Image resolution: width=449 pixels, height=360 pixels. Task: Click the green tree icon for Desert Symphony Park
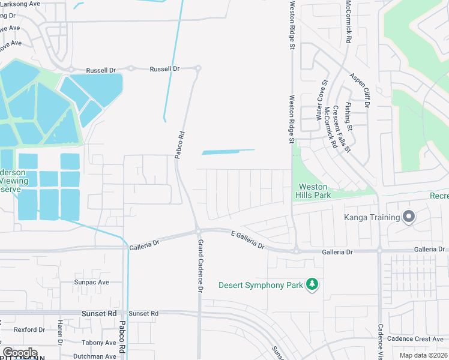coord(312,284)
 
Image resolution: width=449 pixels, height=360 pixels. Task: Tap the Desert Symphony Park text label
coord(261,285)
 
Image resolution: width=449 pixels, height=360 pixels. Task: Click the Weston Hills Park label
coord(313,191)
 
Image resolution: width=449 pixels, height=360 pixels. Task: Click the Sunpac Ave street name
coord(91,282)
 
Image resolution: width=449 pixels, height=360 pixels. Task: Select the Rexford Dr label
coord(29,329)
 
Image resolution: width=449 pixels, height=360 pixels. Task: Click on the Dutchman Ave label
coord(95,356)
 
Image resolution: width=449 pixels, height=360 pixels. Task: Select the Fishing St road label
coord(349,117)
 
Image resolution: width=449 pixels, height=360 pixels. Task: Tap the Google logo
coord(19,352)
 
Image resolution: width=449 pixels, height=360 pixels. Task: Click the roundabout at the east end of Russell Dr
coord(197,68)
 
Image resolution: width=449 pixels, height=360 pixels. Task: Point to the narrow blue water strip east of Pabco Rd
coord(228,152)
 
